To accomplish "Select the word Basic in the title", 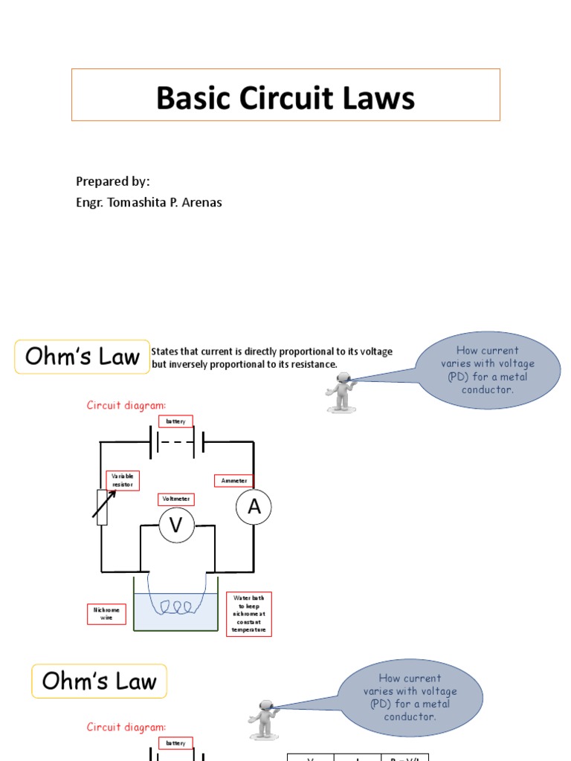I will point(189,98).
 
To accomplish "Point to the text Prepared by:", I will point(113,181).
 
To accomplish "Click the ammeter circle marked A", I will point(254,508).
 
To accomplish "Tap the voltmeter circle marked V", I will point(176,525).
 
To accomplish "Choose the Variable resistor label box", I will point(123,480).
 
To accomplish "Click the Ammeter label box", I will point(233,481).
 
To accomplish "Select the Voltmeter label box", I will point(175,499).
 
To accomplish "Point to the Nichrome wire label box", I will point(106,614).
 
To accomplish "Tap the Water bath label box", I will point(248,614).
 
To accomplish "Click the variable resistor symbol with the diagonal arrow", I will point(103,507).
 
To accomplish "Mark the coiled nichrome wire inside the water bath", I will point(176,606).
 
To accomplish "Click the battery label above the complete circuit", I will point(175,421).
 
